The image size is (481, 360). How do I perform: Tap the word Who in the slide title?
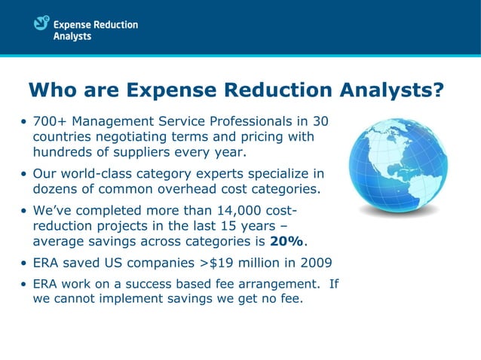(53, 91)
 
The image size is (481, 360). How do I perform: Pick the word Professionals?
(253, 122)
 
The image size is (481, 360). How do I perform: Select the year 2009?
(314, 264)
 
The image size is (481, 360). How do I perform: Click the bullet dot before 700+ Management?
(25, 123)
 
